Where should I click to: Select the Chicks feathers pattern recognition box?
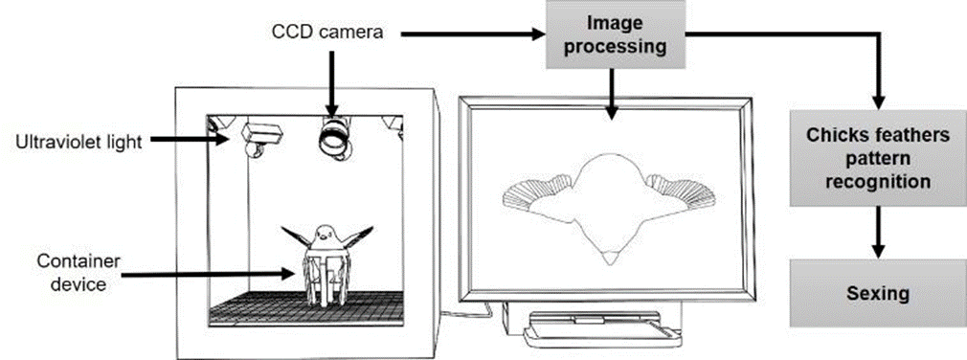click(x=878, y=158)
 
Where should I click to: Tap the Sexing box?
click(x=878, y=293)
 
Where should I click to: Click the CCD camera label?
click(x=327, y=33)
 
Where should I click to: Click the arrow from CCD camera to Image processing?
click(x=472, y=35)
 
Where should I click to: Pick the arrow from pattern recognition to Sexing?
click(x=878, y=233)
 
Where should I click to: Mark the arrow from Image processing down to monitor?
click(x=611, y=93)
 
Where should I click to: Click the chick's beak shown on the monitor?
click(x=611, y=259)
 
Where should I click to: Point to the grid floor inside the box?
click(x=306, y=306)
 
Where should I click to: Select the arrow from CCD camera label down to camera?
click(x=333, y=82)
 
